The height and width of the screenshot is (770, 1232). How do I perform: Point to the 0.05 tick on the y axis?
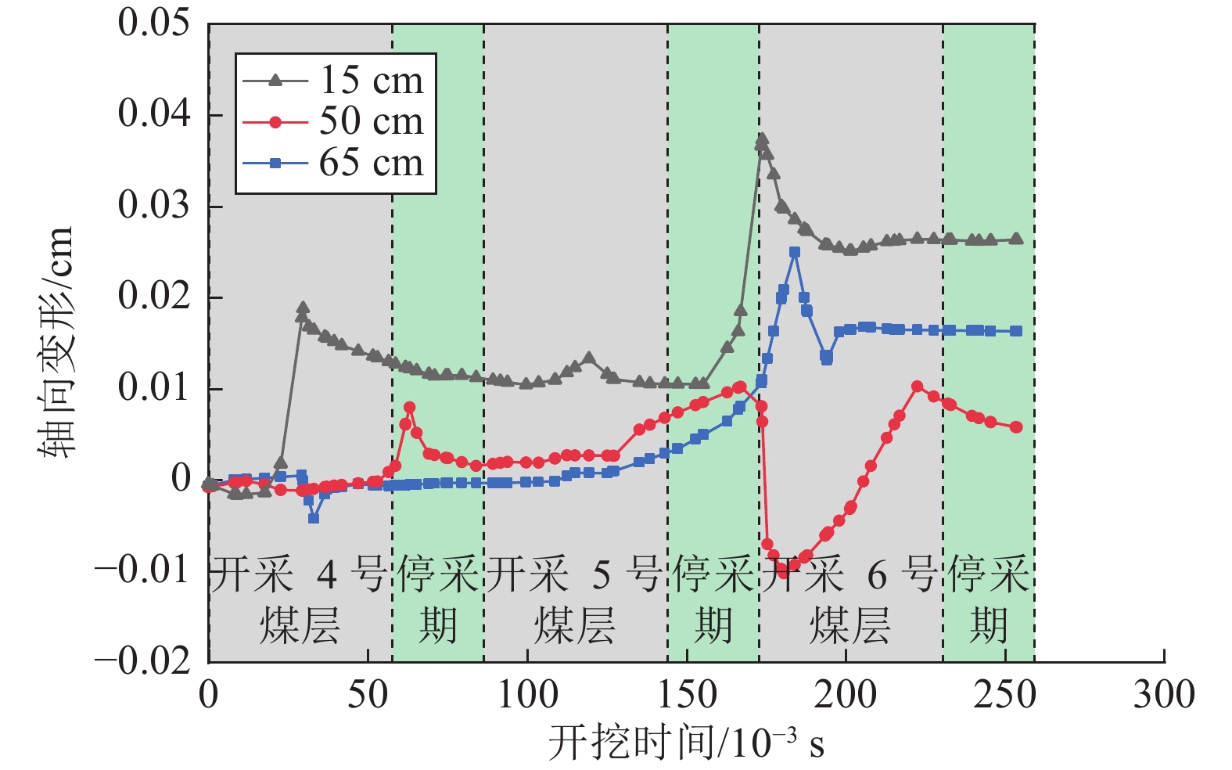coord(154,23)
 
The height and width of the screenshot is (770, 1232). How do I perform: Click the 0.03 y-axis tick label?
coord(154,205)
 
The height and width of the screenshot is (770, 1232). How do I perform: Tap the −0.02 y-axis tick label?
coord(142,662)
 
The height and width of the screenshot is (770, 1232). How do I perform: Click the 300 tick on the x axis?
coord(1164,695)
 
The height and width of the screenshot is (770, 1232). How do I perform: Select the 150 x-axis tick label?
coord(687,695)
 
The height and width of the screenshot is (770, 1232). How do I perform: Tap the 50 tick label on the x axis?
coord(368,695)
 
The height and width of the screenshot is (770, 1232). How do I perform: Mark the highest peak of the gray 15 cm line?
coord(762,140)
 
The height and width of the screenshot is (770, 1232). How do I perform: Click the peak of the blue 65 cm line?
coord(795,252)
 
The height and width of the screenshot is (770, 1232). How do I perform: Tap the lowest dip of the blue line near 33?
coord(314,518)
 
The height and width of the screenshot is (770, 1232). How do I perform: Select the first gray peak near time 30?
coord(303,308)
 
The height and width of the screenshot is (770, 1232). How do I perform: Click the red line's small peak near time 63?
coord(409,408)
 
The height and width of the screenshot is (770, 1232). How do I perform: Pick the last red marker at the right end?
coord(1016,427)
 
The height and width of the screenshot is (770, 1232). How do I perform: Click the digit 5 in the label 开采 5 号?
coord(601,576)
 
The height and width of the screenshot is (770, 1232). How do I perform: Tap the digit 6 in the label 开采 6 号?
coord(877,576)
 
